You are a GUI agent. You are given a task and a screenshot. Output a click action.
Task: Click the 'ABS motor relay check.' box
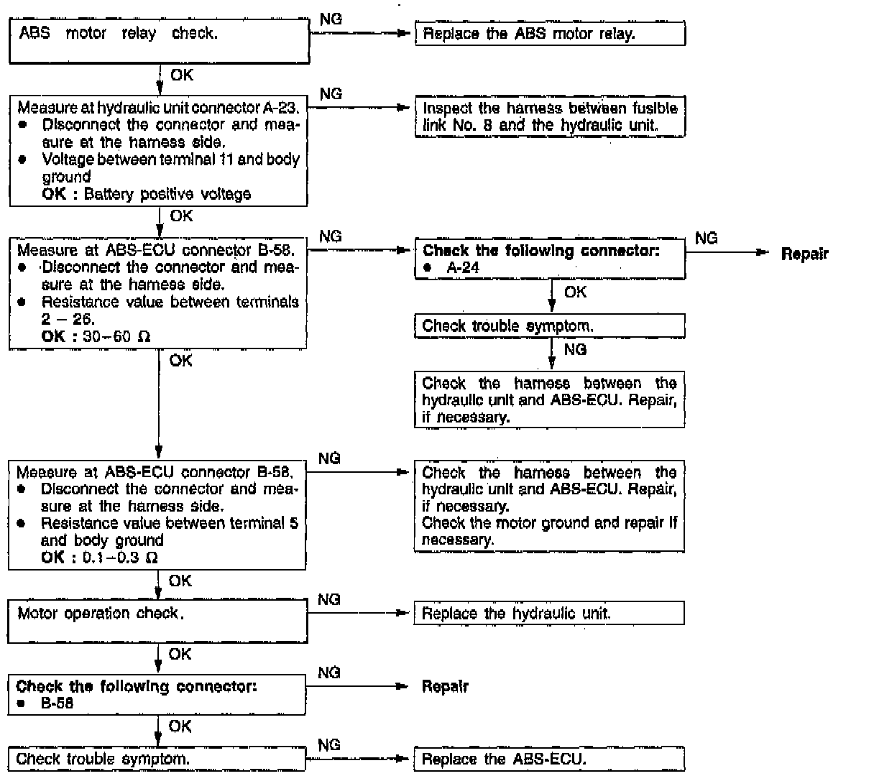(159, 41)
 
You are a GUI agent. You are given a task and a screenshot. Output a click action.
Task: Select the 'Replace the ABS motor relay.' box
(550, 34)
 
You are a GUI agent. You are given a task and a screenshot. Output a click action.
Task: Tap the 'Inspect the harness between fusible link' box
(550, 116)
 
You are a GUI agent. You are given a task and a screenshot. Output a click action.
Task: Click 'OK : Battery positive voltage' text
(147, 194)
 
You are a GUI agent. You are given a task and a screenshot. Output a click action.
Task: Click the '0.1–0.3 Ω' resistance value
(120, 558)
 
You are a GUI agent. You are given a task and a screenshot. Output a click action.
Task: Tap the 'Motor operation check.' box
(157, 621)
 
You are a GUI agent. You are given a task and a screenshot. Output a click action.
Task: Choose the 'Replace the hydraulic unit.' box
(549, 614)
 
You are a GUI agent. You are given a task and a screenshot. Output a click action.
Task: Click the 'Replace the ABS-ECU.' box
(549, 759)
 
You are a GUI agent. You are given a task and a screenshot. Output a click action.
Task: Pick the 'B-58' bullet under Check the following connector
(57, 703)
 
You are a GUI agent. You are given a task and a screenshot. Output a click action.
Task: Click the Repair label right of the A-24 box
(804, 254)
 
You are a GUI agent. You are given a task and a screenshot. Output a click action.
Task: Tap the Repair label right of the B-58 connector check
(445, 686)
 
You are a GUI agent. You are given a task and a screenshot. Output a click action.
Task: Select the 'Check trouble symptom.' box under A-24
(549, 326)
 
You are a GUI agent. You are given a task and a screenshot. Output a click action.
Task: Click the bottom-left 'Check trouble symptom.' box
(157, 759)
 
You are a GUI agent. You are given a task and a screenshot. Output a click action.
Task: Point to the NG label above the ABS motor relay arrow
(331, 19)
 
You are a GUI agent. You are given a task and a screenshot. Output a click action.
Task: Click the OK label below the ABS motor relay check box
(182, 75)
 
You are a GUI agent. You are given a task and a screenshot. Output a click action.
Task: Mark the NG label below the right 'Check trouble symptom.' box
(575, 350)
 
